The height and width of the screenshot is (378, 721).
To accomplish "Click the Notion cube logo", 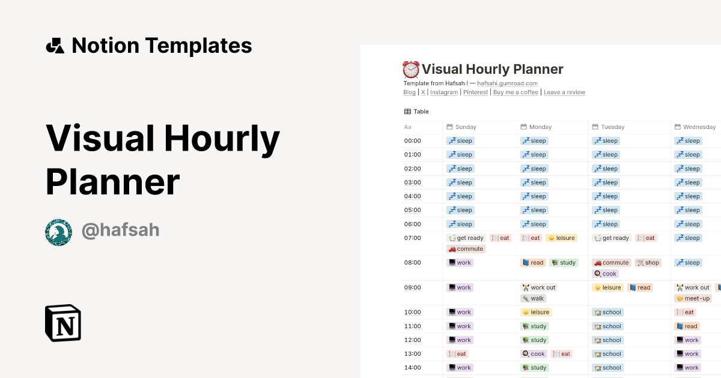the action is [x=63, y=323].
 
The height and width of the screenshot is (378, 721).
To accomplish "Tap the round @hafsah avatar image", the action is [x=59, y=232].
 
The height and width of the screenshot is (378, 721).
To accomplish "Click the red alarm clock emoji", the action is [x=411, y=70].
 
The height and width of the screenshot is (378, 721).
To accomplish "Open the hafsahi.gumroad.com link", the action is [x=507, y=83].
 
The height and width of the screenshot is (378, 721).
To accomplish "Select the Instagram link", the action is [x=444, y=92].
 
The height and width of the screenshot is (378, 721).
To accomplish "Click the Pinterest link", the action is [x=475, y=92].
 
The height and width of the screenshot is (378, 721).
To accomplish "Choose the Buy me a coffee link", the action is [x=516, y=92].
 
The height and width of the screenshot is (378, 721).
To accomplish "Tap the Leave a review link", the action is [x=564, y=92].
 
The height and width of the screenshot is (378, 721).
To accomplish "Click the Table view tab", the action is [x=416, y=112].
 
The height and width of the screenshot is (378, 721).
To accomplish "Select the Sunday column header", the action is [x=461, y=127].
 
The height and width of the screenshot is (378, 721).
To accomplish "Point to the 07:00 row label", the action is [x=412, y=238].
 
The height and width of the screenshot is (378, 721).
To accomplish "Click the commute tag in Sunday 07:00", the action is [x=466, y=249].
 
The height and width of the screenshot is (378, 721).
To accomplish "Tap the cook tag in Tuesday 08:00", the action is [x=605, y=274].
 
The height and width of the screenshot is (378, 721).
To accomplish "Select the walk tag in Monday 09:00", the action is [x=533, y=298].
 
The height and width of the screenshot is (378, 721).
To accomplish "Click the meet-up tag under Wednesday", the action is [x=693, y=298].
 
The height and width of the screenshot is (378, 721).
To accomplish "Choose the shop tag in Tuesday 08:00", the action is [x=648, y=263].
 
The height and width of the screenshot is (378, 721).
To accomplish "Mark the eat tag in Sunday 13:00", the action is [x=457, y=354].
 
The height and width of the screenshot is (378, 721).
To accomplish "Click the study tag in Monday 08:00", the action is [x=564, y=263].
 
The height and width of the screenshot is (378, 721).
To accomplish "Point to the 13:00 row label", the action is [x=412, y=354].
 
